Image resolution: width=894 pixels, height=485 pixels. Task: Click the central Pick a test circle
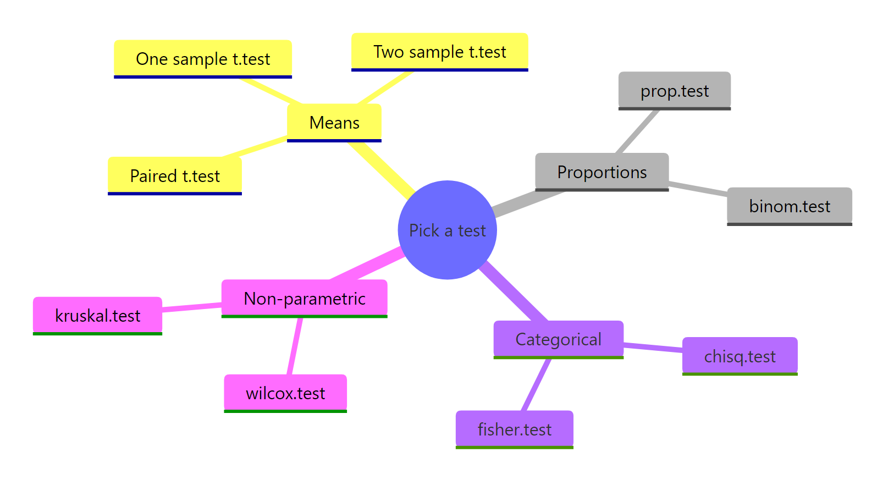447,230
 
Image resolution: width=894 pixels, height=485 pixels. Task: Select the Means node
334,122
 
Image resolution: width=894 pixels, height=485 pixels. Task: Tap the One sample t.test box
203,58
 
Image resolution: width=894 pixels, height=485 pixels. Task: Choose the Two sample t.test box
439,52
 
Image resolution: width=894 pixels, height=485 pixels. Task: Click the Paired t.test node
175,176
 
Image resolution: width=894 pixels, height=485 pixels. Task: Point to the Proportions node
602,172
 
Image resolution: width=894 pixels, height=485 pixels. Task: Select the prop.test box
675,91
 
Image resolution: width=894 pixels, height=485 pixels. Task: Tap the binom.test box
790,206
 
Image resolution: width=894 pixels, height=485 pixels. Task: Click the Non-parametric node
305,298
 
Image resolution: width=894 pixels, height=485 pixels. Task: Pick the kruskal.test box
98,316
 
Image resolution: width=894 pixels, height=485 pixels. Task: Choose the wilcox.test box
285,393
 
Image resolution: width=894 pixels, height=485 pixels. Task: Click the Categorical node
559,339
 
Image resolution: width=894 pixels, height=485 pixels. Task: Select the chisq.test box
740,356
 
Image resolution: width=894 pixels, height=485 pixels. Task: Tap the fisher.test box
515,429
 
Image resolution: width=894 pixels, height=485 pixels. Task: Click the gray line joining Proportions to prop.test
638,131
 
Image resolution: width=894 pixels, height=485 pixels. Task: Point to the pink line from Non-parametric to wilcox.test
295,346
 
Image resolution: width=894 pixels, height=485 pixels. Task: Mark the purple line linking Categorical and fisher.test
536,385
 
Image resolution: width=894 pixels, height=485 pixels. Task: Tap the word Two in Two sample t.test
388,52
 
